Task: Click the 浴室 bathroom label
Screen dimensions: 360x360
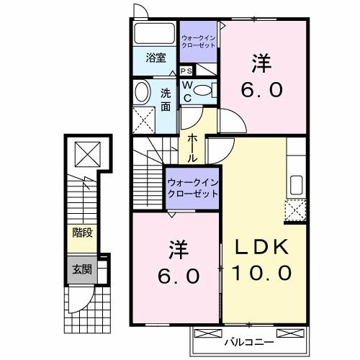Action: coord(156,58)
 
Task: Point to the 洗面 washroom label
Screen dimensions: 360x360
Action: coord(166,99)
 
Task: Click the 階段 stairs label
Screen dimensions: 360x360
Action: coord(81,233)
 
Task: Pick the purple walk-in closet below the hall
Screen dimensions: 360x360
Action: coord(192,188)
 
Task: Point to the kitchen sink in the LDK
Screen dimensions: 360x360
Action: coord(295,184)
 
